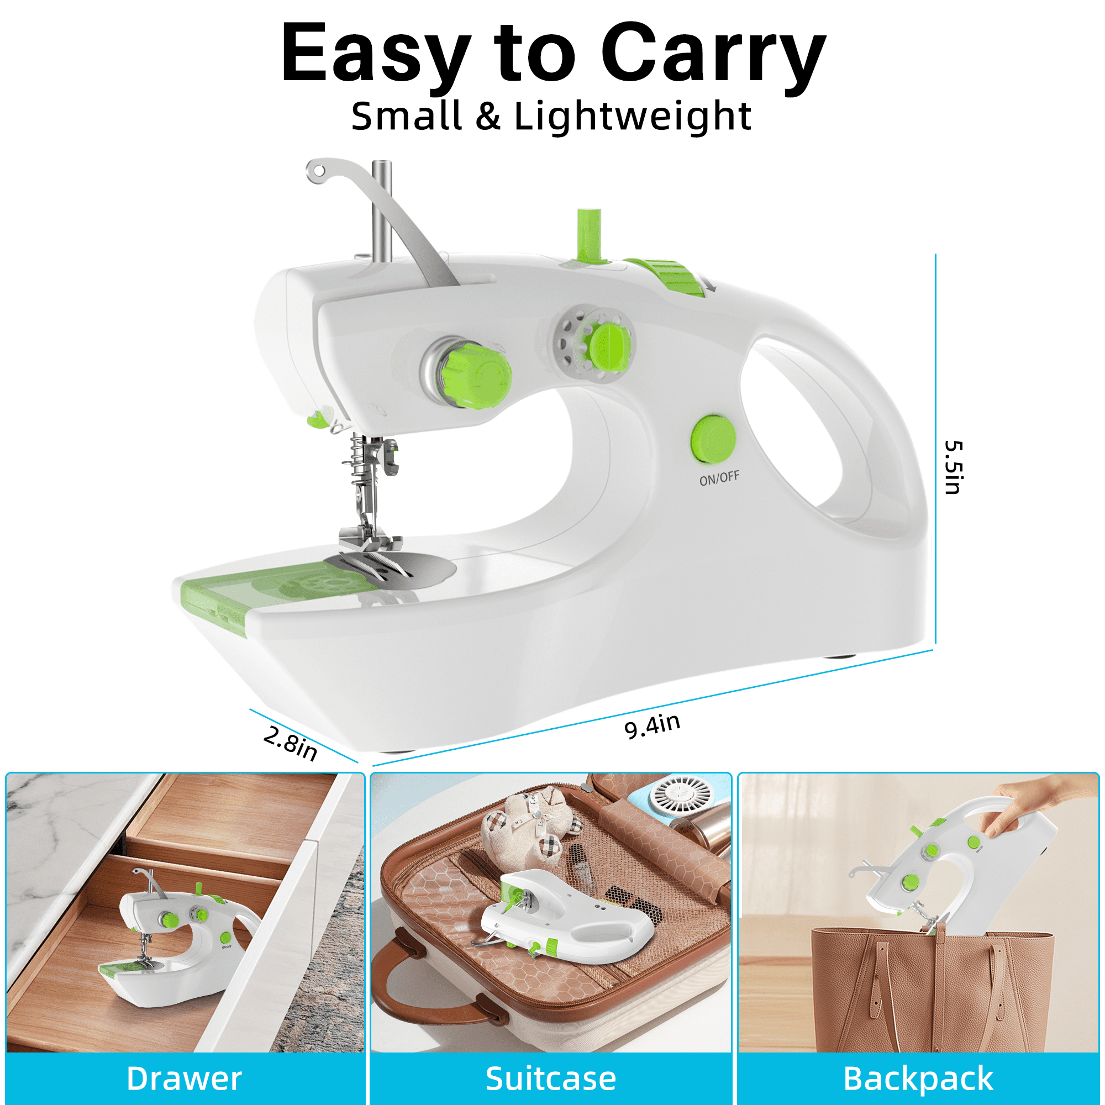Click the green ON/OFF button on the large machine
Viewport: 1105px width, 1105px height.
[713, 439]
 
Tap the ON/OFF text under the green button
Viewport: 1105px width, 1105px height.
[719, 477]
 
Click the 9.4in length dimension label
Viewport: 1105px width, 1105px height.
[652, 726]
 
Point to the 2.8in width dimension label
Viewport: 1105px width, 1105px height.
[290, 743]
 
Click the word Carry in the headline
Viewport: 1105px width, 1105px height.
[713, 54]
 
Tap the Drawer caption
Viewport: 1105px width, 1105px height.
[184, 1078]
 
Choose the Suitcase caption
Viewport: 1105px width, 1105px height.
[551, 1078]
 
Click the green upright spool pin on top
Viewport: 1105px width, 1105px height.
[588, 236]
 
